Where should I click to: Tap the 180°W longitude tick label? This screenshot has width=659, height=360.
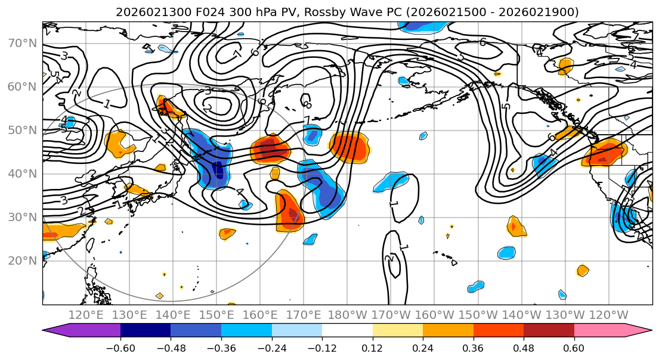pyautogui.click(x=348, y=315)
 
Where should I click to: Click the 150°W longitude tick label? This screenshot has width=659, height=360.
pyautogui.click(x=478, y=315)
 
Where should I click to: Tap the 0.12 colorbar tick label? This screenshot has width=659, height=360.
pyautogui.click(x=372, y=347)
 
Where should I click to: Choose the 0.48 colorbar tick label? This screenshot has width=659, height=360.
pyautogui.click(x=524, y=347)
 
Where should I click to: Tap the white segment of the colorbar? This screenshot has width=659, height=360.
pyautogui.click(x=347, y=331)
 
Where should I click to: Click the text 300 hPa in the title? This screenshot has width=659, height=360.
pyautogui.click(x=227, y=12)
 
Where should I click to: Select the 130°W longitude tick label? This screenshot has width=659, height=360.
pyautogui.click(x=565, y=315)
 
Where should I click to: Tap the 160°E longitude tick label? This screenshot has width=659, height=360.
pyautogui.click(x=260, y=315)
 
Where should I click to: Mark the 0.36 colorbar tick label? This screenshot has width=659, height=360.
pyautogui.click(x=473, y=347)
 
